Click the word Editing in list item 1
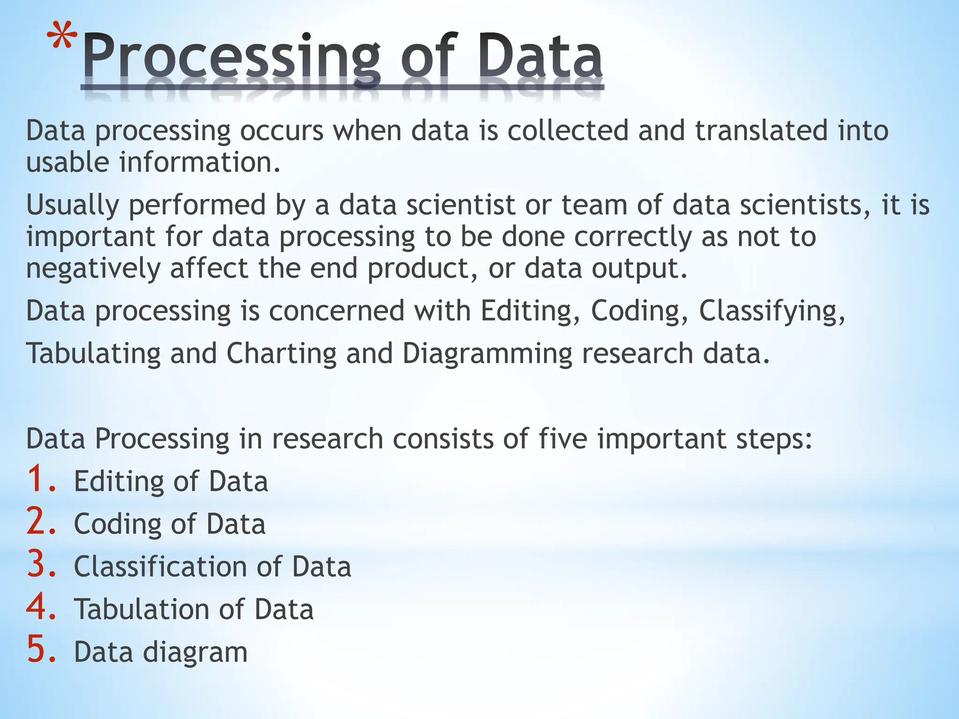coord(118,482)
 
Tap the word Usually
coord(73,206)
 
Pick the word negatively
coord(93,269)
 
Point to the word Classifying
coord(772,311)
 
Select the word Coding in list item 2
coord(118,524)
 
